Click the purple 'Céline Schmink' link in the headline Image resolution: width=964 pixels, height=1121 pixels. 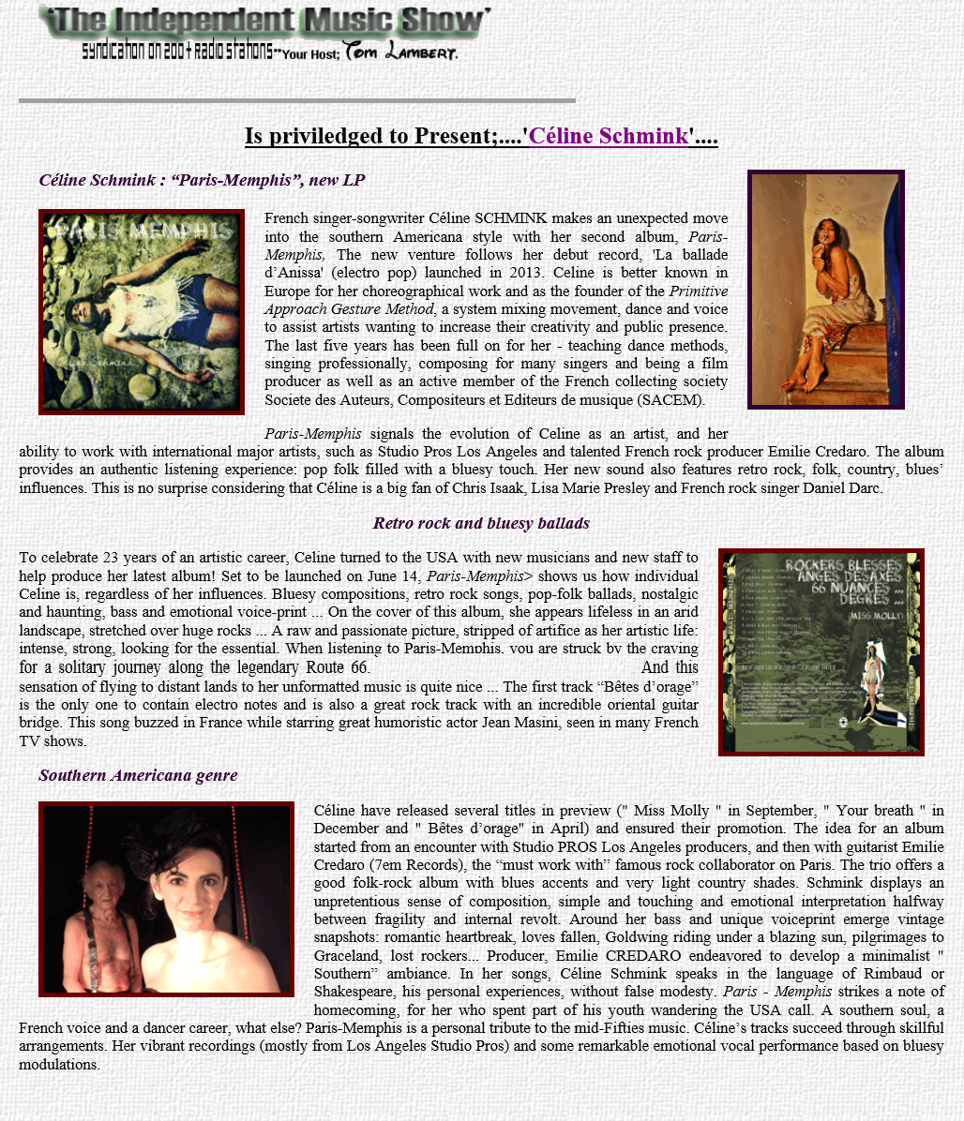pos(609,137)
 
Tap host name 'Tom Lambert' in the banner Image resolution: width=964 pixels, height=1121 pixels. pos(400,52)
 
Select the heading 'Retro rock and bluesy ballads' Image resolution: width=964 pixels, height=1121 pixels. pos(481,523)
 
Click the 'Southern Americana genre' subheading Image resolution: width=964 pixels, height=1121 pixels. pos(138,775)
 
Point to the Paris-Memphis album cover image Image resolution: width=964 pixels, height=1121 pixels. pos(142,312)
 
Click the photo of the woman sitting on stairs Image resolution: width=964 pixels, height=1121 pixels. pos(825,290)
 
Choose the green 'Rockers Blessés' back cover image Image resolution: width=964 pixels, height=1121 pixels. pos(821,652)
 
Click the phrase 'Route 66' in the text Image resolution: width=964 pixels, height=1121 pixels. pos(339,667)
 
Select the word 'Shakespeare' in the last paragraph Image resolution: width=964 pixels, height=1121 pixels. pos(354,991)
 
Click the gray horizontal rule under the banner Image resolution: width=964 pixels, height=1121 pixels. pos(297,100)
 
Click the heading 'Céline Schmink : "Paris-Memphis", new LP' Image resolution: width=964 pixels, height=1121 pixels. pos(202,180)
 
